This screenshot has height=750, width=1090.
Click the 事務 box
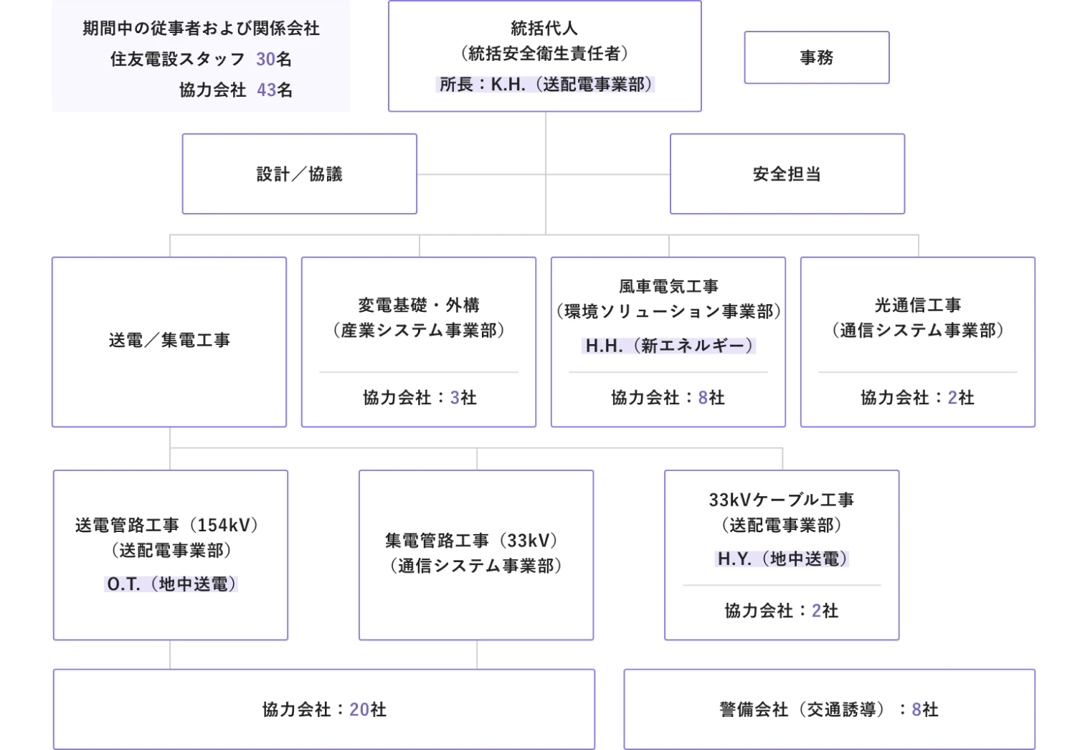click(x=816, y=57)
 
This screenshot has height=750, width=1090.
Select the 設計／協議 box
click(x=299, y=174)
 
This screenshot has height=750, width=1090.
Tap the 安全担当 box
click(x=787, y=174)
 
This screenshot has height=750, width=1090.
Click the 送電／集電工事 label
click(x=169, y=341)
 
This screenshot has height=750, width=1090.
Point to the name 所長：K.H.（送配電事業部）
click(x=545, y=85)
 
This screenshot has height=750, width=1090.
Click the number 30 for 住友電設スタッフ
click(x=265, y=59)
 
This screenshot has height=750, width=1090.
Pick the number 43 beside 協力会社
click(x=266, y=90)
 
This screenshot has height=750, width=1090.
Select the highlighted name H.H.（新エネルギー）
click(x=668, y=346)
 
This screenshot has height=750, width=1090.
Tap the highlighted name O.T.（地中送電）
click(x=171, y=584)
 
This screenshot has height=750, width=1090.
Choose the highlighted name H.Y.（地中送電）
click(x=782, y=559)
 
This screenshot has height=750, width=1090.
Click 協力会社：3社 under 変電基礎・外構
click(x=420, y=398)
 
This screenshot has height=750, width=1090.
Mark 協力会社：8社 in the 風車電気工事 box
click(x=668, y=398)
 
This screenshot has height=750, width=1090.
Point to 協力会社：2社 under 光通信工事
click(x=917, y=398)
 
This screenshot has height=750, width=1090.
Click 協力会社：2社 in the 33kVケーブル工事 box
click(x=781, y=611)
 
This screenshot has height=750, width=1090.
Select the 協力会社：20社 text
click(x=324, y=710)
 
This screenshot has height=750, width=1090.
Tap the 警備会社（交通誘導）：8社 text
click(x=829, y=710)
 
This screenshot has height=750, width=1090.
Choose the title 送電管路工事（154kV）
click(x=166, y=526)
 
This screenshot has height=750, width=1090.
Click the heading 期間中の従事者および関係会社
click(x=201, y=29)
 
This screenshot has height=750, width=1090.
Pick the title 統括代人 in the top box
click(x=544, y=29)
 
